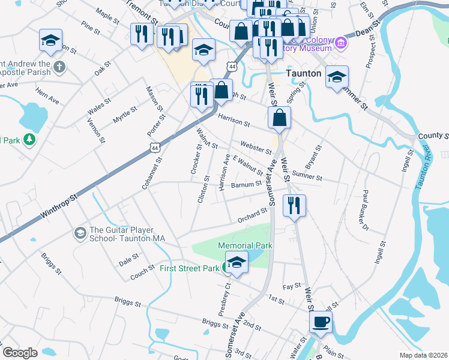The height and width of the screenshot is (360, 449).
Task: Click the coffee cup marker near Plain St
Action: pyautogui.click(x=321, y=321)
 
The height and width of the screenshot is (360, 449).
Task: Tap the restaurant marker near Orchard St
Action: pyautogui.click(x=294, y=206)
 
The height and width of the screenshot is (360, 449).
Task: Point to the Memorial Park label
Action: pyautogui.click(x=245, y=245)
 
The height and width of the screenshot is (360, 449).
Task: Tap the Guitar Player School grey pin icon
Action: pyautogui.click(x=80, y=232)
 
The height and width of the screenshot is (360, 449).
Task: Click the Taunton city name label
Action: pyautogui.click(x=304, y=74)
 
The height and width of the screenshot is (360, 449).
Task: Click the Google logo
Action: pyautogui.click(x=20, y=353)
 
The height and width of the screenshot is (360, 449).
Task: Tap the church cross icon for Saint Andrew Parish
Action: pyautogui.click(x=59, y=67)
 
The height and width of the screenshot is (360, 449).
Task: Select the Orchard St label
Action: pyautogui.click(x=252, y=215)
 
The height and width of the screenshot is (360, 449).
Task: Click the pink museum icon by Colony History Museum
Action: pyautogui.click(x=341, y=42)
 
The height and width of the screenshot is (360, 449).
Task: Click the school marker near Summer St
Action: pyautogui.click(x=337, y=77)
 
